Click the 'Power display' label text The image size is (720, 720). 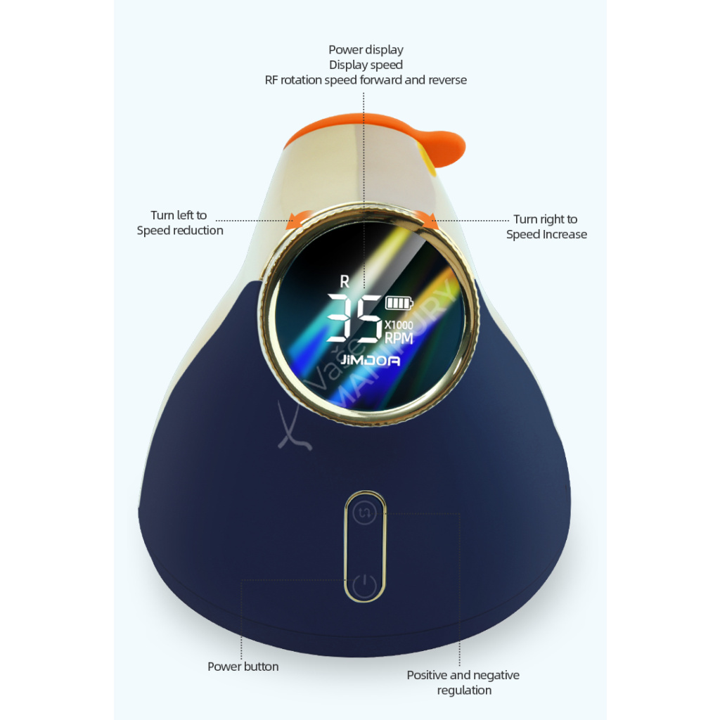tap(366, 50)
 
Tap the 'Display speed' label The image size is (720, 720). tap(366, 65)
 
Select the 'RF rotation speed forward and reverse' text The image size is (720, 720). tap(366, 80)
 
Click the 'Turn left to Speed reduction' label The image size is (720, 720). tap(179, 223)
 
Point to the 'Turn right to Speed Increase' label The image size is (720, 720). tap(546, 227)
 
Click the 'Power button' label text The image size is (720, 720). tap(243, 667)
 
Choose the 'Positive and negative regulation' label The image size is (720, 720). tap(463, 683)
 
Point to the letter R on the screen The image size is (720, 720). tap(345, 282)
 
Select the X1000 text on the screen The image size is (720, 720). tap(399, 326)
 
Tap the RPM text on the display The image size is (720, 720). tap(399, 338)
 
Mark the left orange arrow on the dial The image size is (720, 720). tap(297, 221)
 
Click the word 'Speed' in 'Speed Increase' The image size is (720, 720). tap(522, 235)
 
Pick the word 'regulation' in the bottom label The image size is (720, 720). tap(464, 690)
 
